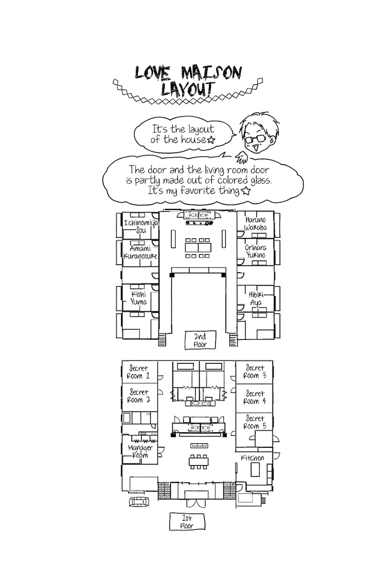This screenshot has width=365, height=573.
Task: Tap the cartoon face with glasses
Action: click(255, 133)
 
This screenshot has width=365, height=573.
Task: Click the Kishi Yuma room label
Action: click(139, 298)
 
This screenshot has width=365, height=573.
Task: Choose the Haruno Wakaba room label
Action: click(256, 224)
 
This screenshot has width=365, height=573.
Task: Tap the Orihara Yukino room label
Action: click(256, 251)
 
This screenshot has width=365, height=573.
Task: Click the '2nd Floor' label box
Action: click(196, 340)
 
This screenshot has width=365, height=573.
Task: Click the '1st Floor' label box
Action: click(187, 521)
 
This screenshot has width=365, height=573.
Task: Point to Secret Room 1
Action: click(139, 372)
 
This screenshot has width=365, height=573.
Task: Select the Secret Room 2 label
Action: click(139, 396)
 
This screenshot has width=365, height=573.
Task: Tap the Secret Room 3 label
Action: click(255, 372)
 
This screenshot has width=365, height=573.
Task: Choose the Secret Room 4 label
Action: click(255, 397)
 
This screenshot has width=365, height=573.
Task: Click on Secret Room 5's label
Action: click(255, 422)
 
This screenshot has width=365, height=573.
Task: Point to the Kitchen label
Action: click(252, 458)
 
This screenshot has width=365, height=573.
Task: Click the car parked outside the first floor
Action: click(139, 501)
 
